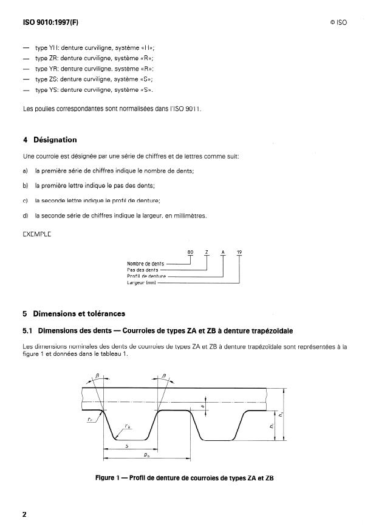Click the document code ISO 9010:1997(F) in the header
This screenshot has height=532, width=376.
point(50,22)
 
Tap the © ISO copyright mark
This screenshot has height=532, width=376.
point(338,23)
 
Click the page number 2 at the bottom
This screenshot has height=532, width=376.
point(24,514)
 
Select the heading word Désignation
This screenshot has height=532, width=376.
point(55,139)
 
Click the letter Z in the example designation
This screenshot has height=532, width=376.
point(207,253)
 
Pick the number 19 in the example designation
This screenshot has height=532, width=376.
point(239,253)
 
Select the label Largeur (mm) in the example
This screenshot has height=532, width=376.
point(142,282)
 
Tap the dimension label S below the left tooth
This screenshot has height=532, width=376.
point(126,445)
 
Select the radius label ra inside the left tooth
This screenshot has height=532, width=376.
point(127,426)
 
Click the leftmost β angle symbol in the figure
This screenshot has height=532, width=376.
point(95,377)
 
